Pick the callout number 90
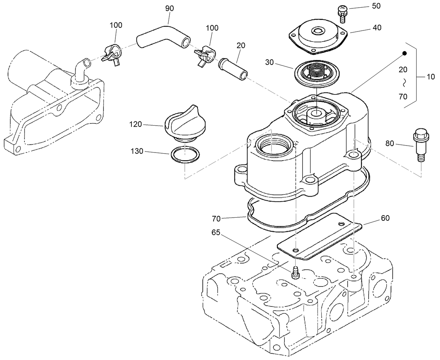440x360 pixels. point(169,8)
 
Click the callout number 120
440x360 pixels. point(136,124)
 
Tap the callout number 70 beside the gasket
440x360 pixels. point(217,219)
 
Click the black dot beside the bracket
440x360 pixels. point(404,53)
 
